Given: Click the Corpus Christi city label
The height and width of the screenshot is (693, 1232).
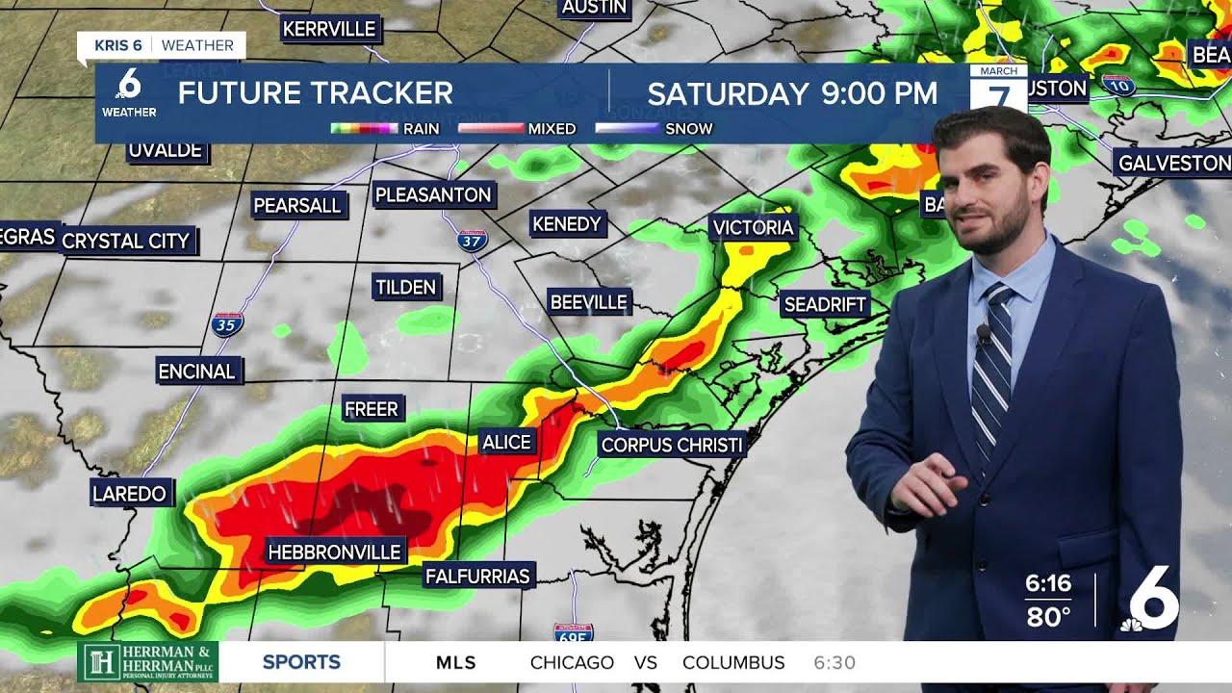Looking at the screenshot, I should click(672, 445).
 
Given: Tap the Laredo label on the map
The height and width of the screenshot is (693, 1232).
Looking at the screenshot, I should click(130, 494).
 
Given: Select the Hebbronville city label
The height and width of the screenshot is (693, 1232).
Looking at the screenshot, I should click(334, 552).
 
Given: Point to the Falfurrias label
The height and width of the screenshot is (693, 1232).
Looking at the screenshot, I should click(477, 576).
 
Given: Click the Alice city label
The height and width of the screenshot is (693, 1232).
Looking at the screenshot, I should click(506, 442).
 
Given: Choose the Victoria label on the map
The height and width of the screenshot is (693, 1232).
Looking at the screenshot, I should click(753, 227).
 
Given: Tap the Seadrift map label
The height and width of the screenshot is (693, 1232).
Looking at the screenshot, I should click(825, 304).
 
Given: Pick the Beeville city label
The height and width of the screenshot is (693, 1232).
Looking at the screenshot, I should click(588, 301).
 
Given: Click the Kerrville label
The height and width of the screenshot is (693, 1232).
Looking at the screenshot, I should click(329, 29).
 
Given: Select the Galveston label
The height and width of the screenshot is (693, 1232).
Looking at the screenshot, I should click(1173, 163).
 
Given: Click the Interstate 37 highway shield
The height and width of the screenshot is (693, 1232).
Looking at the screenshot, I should click(472, 239).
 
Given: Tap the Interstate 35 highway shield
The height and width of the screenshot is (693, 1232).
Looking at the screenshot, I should click(227, 323).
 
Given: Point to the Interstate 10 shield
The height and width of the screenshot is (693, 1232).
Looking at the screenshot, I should click(1118, 85).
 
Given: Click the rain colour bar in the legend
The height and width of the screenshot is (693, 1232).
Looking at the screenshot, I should click(364, 128).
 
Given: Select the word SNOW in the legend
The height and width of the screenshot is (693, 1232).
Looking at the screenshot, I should click(689, 128).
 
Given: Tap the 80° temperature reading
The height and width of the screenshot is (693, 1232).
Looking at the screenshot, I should click(1048, 616).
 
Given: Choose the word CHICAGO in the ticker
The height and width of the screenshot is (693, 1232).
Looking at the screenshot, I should click(572, 662).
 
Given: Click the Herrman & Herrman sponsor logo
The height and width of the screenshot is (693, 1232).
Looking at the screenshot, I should click(148, 662).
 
